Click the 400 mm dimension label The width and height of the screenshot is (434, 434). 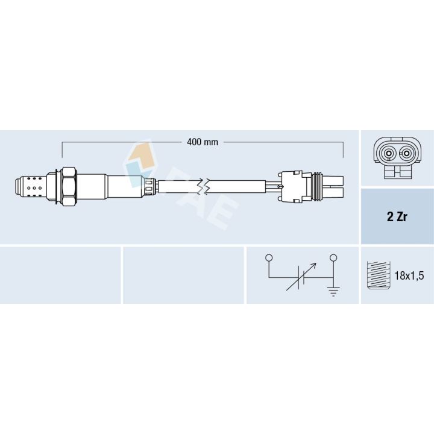[x=203, y=142]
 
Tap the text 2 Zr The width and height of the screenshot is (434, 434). [x=397, y=217]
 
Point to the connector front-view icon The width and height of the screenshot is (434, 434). [x=397, y=158]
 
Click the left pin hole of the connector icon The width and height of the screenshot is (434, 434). [x=388, y=153]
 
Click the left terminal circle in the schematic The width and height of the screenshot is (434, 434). [x=269, y=258]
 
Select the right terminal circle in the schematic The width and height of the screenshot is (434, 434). [x=333, y=258]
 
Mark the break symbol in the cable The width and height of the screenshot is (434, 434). [x=206, y=187]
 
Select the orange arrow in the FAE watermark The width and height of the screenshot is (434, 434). [x=140, y=154]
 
